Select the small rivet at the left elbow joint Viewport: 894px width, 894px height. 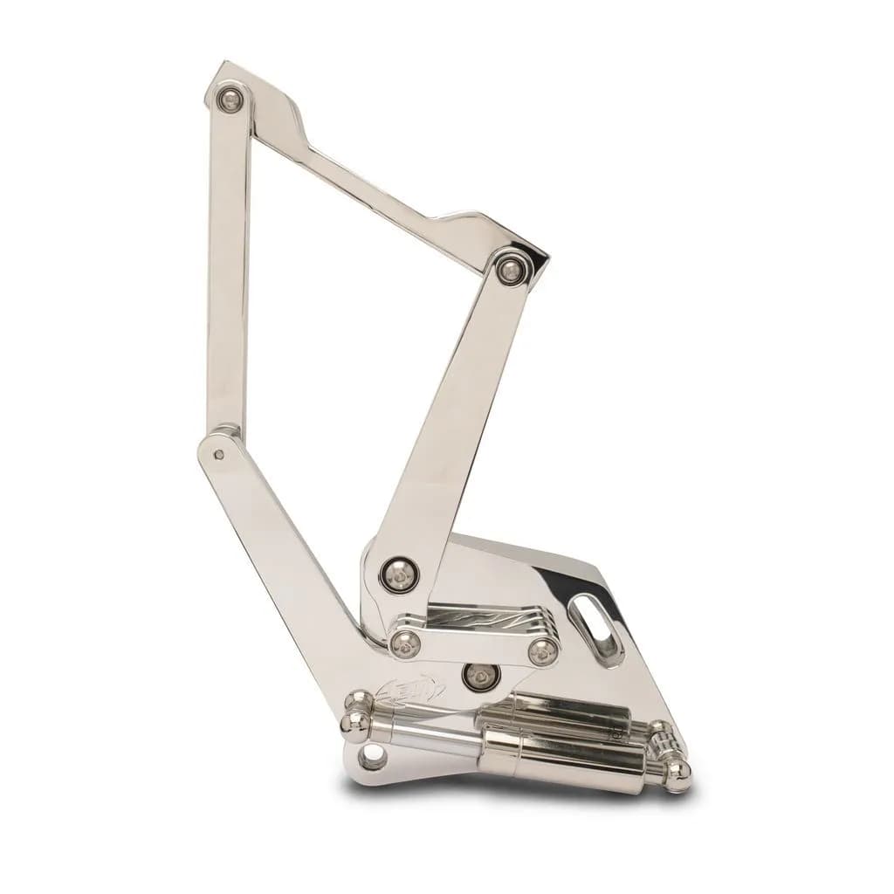pyautogui.click(x=219, y=454)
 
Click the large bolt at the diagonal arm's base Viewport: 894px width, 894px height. pyautogui.click(x=399, y=573)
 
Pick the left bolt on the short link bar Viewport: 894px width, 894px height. pyautogui.click(x=403, y=643)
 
